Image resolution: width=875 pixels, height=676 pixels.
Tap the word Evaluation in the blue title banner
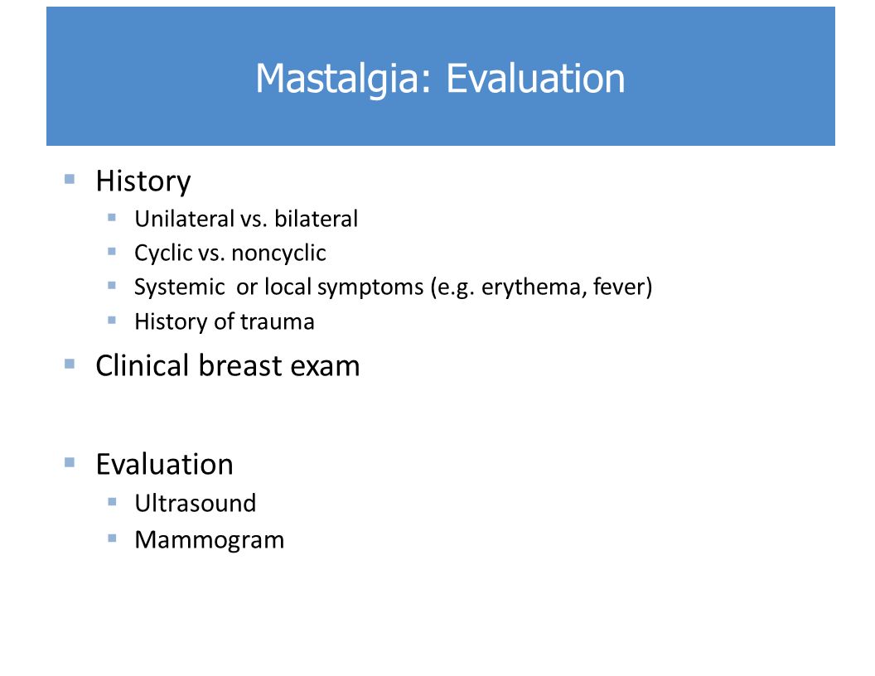(x=535, y=78)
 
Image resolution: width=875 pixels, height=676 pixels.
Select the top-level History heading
(x=143, y=181)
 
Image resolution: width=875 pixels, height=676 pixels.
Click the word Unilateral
(x=184, y=219)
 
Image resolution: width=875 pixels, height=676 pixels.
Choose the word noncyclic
(x=278, y=254)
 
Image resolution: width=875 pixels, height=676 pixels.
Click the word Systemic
(x=180, y=287)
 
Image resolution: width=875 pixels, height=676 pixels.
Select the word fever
(x=620, y=287)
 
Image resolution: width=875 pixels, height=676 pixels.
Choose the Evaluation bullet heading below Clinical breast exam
(x=165, y=465)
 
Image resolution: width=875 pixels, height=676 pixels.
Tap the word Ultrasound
(x=196, y=504)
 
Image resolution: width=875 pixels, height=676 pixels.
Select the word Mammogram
(x=210, y=540)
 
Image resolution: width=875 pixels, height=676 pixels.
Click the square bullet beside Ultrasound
(x=112, y=502)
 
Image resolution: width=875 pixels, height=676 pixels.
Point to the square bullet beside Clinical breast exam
(x=70, y=365)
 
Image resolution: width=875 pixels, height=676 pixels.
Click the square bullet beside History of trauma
(x=112, y=320)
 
